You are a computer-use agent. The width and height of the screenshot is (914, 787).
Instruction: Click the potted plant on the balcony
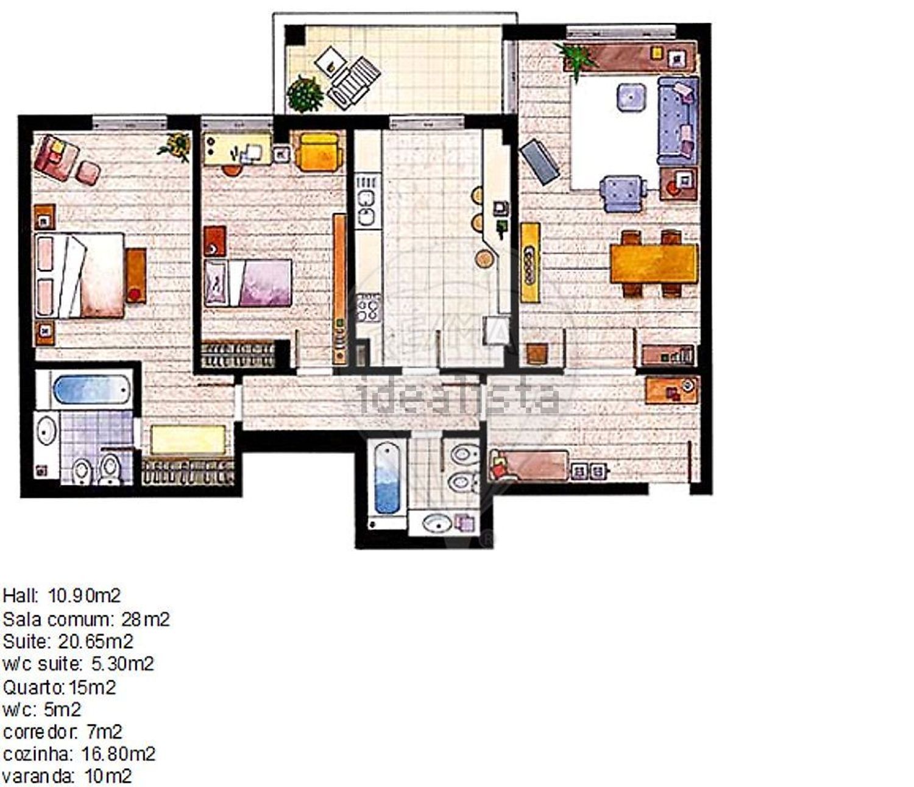point(305,94)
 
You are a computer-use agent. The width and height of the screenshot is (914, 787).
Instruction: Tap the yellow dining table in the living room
point(654,264)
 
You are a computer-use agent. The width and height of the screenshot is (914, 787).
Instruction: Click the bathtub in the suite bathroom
point(91,389)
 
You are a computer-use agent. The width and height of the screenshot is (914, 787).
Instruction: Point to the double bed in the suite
point(80,275)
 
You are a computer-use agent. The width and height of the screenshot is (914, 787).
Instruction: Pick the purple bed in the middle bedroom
point(248,283)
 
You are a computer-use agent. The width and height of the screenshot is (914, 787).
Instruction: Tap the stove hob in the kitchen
point(368,308)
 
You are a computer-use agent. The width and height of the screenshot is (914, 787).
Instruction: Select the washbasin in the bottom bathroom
point(438,523)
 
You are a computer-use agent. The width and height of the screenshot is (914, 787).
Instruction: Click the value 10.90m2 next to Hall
point(84,596)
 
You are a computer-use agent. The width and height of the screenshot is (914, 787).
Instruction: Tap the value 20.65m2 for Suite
point(96,641)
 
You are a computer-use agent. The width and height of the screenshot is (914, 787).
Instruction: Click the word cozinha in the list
point(37,754)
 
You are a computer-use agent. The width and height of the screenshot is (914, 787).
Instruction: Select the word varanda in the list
point(38,776)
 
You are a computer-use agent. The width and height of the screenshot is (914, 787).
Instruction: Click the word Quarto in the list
point(34,688)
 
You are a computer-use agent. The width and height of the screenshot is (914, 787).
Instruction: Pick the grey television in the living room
point(539,162)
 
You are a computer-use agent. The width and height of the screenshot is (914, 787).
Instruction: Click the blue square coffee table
point(631,97)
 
